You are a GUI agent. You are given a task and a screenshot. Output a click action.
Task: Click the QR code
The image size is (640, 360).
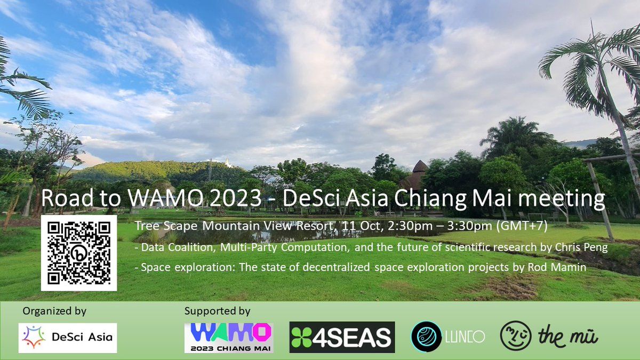79,253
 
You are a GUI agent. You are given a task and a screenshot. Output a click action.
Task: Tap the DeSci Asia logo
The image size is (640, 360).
68,338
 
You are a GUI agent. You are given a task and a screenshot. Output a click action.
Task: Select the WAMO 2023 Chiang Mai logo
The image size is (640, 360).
229,338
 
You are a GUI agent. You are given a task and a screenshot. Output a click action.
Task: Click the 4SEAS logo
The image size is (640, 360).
342,337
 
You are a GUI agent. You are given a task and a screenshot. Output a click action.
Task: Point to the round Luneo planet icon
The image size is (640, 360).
422,337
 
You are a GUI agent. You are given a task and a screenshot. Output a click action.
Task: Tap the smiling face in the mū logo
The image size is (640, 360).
516,335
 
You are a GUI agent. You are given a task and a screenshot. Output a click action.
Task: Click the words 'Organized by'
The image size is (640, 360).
54,311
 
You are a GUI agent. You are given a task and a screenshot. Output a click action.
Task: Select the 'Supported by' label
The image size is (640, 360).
218,311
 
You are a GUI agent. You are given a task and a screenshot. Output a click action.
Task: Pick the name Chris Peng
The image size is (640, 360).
581,247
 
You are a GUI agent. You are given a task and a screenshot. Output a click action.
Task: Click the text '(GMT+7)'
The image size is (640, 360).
522,226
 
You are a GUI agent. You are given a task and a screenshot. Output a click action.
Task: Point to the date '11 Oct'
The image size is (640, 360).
361,226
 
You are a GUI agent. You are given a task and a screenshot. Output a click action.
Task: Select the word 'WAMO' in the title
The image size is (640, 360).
166,198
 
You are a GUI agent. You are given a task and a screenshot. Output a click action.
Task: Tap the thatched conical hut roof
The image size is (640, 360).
420,166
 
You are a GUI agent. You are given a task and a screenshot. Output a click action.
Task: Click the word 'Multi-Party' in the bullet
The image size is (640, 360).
249,247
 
